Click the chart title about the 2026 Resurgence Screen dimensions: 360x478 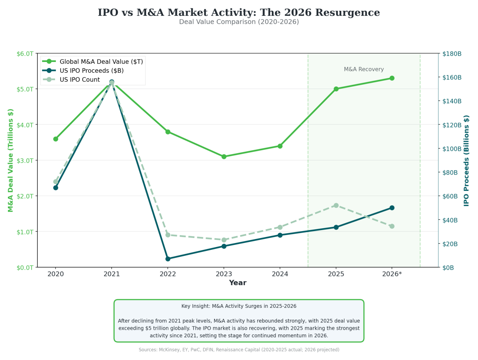(239, 13)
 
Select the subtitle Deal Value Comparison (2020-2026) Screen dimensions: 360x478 (239, 22)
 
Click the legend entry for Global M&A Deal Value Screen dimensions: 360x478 (101, 62)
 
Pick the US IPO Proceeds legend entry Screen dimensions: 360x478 (91, 71)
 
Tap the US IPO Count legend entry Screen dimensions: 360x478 (80, 80)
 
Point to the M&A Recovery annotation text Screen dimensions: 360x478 (364, 69)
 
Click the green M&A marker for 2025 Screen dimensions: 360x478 (336, 89)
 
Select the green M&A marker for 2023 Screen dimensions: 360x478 (224, 157)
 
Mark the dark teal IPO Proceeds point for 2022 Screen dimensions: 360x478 (168, 259)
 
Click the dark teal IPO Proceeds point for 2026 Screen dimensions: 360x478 (392, 208)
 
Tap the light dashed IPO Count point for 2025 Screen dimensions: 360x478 (336, 206)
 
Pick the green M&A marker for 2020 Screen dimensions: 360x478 (56, 139)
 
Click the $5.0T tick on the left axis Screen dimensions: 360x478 (25, 89)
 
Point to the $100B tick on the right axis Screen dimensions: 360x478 (452, 149)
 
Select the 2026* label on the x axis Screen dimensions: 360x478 (392, 274)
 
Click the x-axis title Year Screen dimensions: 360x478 (238, 283)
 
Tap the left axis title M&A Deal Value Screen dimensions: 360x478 (10, 160)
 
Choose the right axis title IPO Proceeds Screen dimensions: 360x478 (466, 161)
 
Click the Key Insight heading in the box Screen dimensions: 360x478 (239, 306)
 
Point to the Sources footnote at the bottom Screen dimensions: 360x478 (239, 350)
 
